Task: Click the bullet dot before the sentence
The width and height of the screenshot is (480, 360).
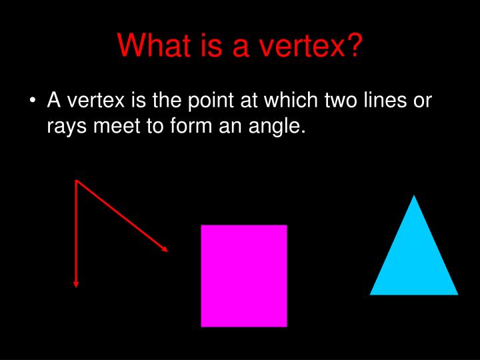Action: point(33,101)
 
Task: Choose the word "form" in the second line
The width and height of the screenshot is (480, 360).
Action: point(193,126)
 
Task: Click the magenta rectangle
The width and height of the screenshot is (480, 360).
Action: point(244,276)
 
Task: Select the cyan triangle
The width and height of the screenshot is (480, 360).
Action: point(414,260)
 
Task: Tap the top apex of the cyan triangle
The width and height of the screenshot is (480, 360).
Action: point(414,196)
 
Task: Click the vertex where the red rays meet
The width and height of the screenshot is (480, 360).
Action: point(77,180)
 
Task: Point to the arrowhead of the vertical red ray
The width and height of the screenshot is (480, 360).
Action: point(76,284)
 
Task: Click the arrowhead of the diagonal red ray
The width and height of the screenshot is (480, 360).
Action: point(165,249)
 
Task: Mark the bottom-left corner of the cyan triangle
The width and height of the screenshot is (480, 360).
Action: point(371,293)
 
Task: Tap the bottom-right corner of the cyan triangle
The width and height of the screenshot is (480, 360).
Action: point(457,293)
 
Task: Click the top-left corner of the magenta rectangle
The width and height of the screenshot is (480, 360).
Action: point(202,226)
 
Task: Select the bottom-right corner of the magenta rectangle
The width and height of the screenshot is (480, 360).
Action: point(286,326)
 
